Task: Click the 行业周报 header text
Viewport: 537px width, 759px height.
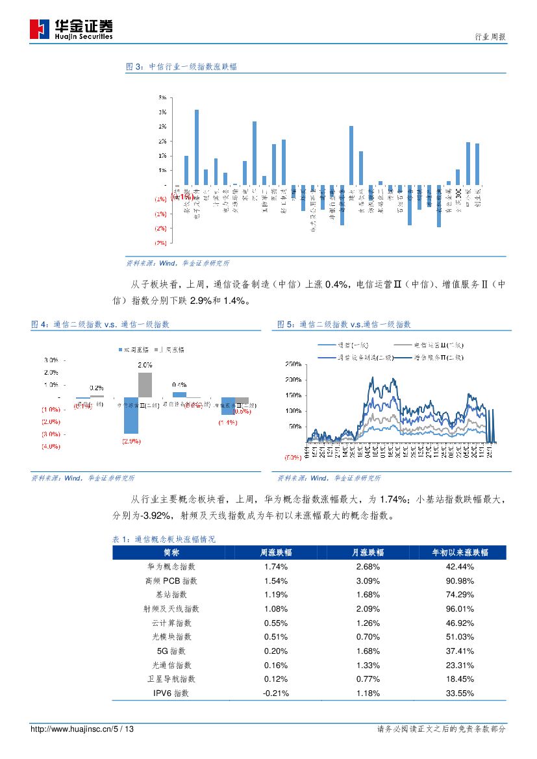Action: (486, 38)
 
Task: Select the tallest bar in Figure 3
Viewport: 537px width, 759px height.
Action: (197, 147)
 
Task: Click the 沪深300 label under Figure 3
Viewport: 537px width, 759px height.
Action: (458, 198)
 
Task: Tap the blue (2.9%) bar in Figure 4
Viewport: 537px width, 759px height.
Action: (131, 415)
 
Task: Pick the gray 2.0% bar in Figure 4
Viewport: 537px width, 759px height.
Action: (145, 384)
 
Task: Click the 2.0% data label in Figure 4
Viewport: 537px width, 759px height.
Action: (145, 366)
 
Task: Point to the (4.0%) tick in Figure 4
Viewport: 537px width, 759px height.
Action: (51, 446)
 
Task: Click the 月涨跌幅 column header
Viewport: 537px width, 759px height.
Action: (368, 552)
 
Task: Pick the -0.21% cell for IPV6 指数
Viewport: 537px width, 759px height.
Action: (275, 693)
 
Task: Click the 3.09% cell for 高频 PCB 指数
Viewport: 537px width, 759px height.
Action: (368, 580)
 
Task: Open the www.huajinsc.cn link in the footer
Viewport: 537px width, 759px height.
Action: (82, 729)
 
